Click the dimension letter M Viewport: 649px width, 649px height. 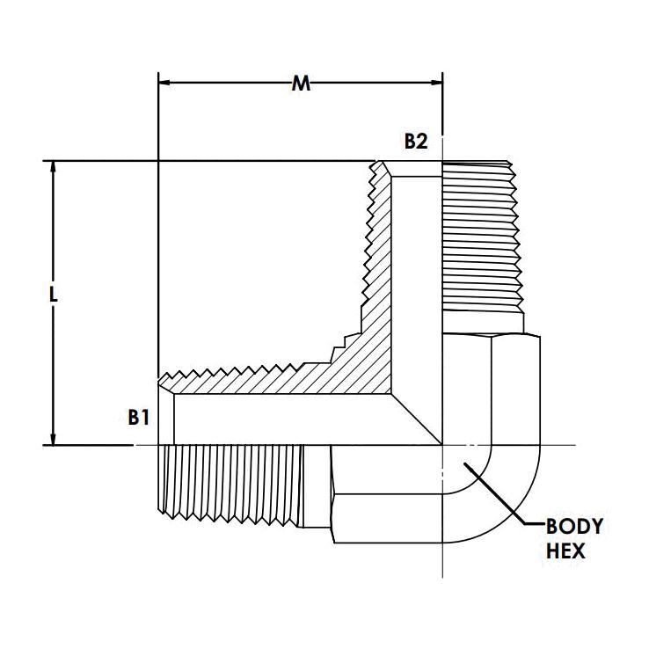[301, 84]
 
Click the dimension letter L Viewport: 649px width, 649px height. [54, 296]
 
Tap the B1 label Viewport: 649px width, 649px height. [137, 418]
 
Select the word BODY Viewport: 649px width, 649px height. [574, 528]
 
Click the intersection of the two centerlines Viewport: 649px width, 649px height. [442, 445]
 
